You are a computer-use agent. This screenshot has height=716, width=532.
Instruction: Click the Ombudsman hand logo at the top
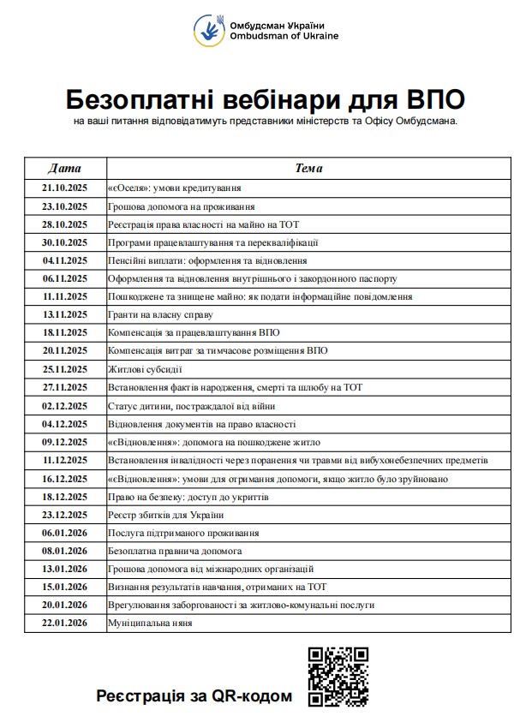[209, 30]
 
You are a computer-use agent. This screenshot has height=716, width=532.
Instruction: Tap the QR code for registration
[338, 676]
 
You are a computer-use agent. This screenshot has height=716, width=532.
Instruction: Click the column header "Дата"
[65, 168]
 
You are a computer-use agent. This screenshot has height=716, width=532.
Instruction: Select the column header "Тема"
[308, 168]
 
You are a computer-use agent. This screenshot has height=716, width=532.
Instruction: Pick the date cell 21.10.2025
[65, 188]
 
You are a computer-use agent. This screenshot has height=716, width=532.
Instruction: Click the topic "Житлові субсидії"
[145, 369]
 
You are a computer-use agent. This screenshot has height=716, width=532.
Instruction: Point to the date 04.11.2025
[65, 260]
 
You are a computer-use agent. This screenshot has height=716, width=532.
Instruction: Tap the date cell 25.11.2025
[65, 369]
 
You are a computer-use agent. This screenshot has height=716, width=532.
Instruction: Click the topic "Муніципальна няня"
[150, 623]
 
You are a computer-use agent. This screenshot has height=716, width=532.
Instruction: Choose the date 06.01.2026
[65, 532]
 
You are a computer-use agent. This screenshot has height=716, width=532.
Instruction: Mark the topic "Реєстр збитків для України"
[165, 514]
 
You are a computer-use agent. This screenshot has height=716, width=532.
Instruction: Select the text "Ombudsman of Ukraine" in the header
[284, 36]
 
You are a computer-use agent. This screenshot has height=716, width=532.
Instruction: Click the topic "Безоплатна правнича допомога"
[175, 550]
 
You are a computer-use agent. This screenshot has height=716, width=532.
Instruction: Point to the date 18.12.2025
[65, 496]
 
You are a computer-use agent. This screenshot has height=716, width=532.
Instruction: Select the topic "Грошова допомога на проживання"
[181, 206]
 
